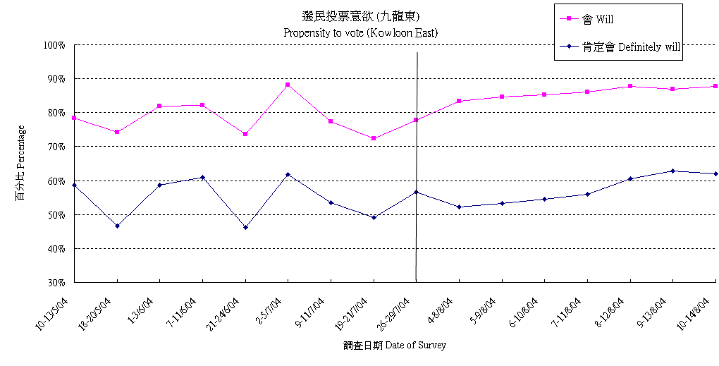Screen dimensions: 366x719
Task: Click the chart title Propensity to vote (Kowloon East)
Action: [x=361, y=32]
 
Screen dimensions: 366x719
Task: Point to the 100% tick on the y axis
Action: [x=54, y=45]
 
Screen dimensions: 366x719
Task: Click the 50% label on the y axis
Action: [x=56, y=214]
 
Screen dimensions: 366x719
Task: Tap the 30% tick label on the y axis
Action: [x=56, y=283]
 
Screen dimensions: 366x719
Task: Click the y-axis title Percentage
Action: [x=20, y=163]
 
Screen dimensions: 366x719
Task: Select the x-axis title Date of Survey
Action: [x=395, y=346]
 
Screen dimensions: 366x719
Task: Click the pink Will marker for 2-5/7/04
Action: [x=288, y=85]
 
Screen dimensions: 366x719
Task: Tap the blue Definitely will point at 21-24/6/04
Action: [x=245, y=227]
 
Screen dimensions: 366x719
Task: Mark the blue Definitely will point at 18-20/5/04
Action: [x=117, y=226]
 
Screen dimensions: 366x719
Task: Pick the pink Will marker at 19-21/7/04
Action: [x=374, y=138]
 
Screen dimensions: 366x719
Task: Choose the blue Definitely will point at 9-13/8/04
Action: [x=672, y=171]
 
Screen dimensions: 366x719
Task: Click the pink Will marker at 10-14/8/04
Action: [x=715, y=86]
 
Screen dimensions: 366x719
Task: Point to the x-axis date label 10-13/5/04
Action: [x=54, y=313]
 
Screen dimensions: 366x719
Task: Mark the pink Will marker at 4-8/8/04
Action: [x=459, y=101]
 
